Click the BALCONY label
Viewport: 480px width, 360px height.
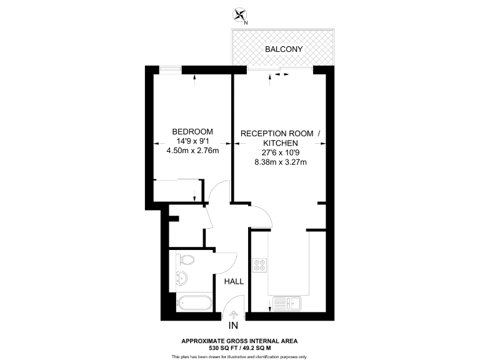(x=283, y=49)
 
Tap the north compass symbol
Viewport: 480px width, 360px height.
(x=240, y=16)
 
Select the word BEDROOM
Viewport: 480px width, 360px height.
(x=192, y=132)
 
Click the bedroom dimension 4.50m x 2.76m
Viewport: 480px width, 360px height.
(x=192, y=150)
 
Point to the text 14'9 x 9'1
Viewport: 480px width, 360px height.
(x=192, y=141)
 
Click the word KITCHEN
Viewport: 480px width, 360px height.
(x=280, y=143)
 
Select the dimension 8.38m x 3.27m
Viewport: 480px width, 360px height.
(x=280, y=162)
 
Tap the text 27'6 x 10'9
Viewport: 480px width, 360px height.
(x=280, y=152)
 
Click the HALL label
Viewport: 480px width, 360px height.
(x=234, y=281)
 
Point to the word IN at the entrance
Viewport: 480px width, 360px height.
(x=234, y=326)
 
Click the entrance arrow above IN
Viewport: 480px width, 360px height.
(x=234, y=315)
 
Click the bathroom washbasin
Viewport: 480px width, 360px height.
(x=184, y=278)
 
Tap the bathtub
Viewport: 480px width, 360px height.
(x=193, y=304)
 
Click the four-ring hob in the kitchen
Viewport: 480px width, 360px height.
(x=259, y=264)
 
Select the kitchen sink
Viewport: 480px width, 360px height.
(x=291, y=304)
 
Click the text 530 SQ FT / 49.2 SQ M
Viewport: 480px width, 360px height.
(x=240, y=348)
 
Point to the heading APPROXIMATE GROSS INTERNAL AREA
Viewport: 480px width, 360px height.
(x=240, y=341)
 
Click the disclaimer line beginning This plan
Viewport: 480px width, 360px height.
(x=240, y=356)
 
